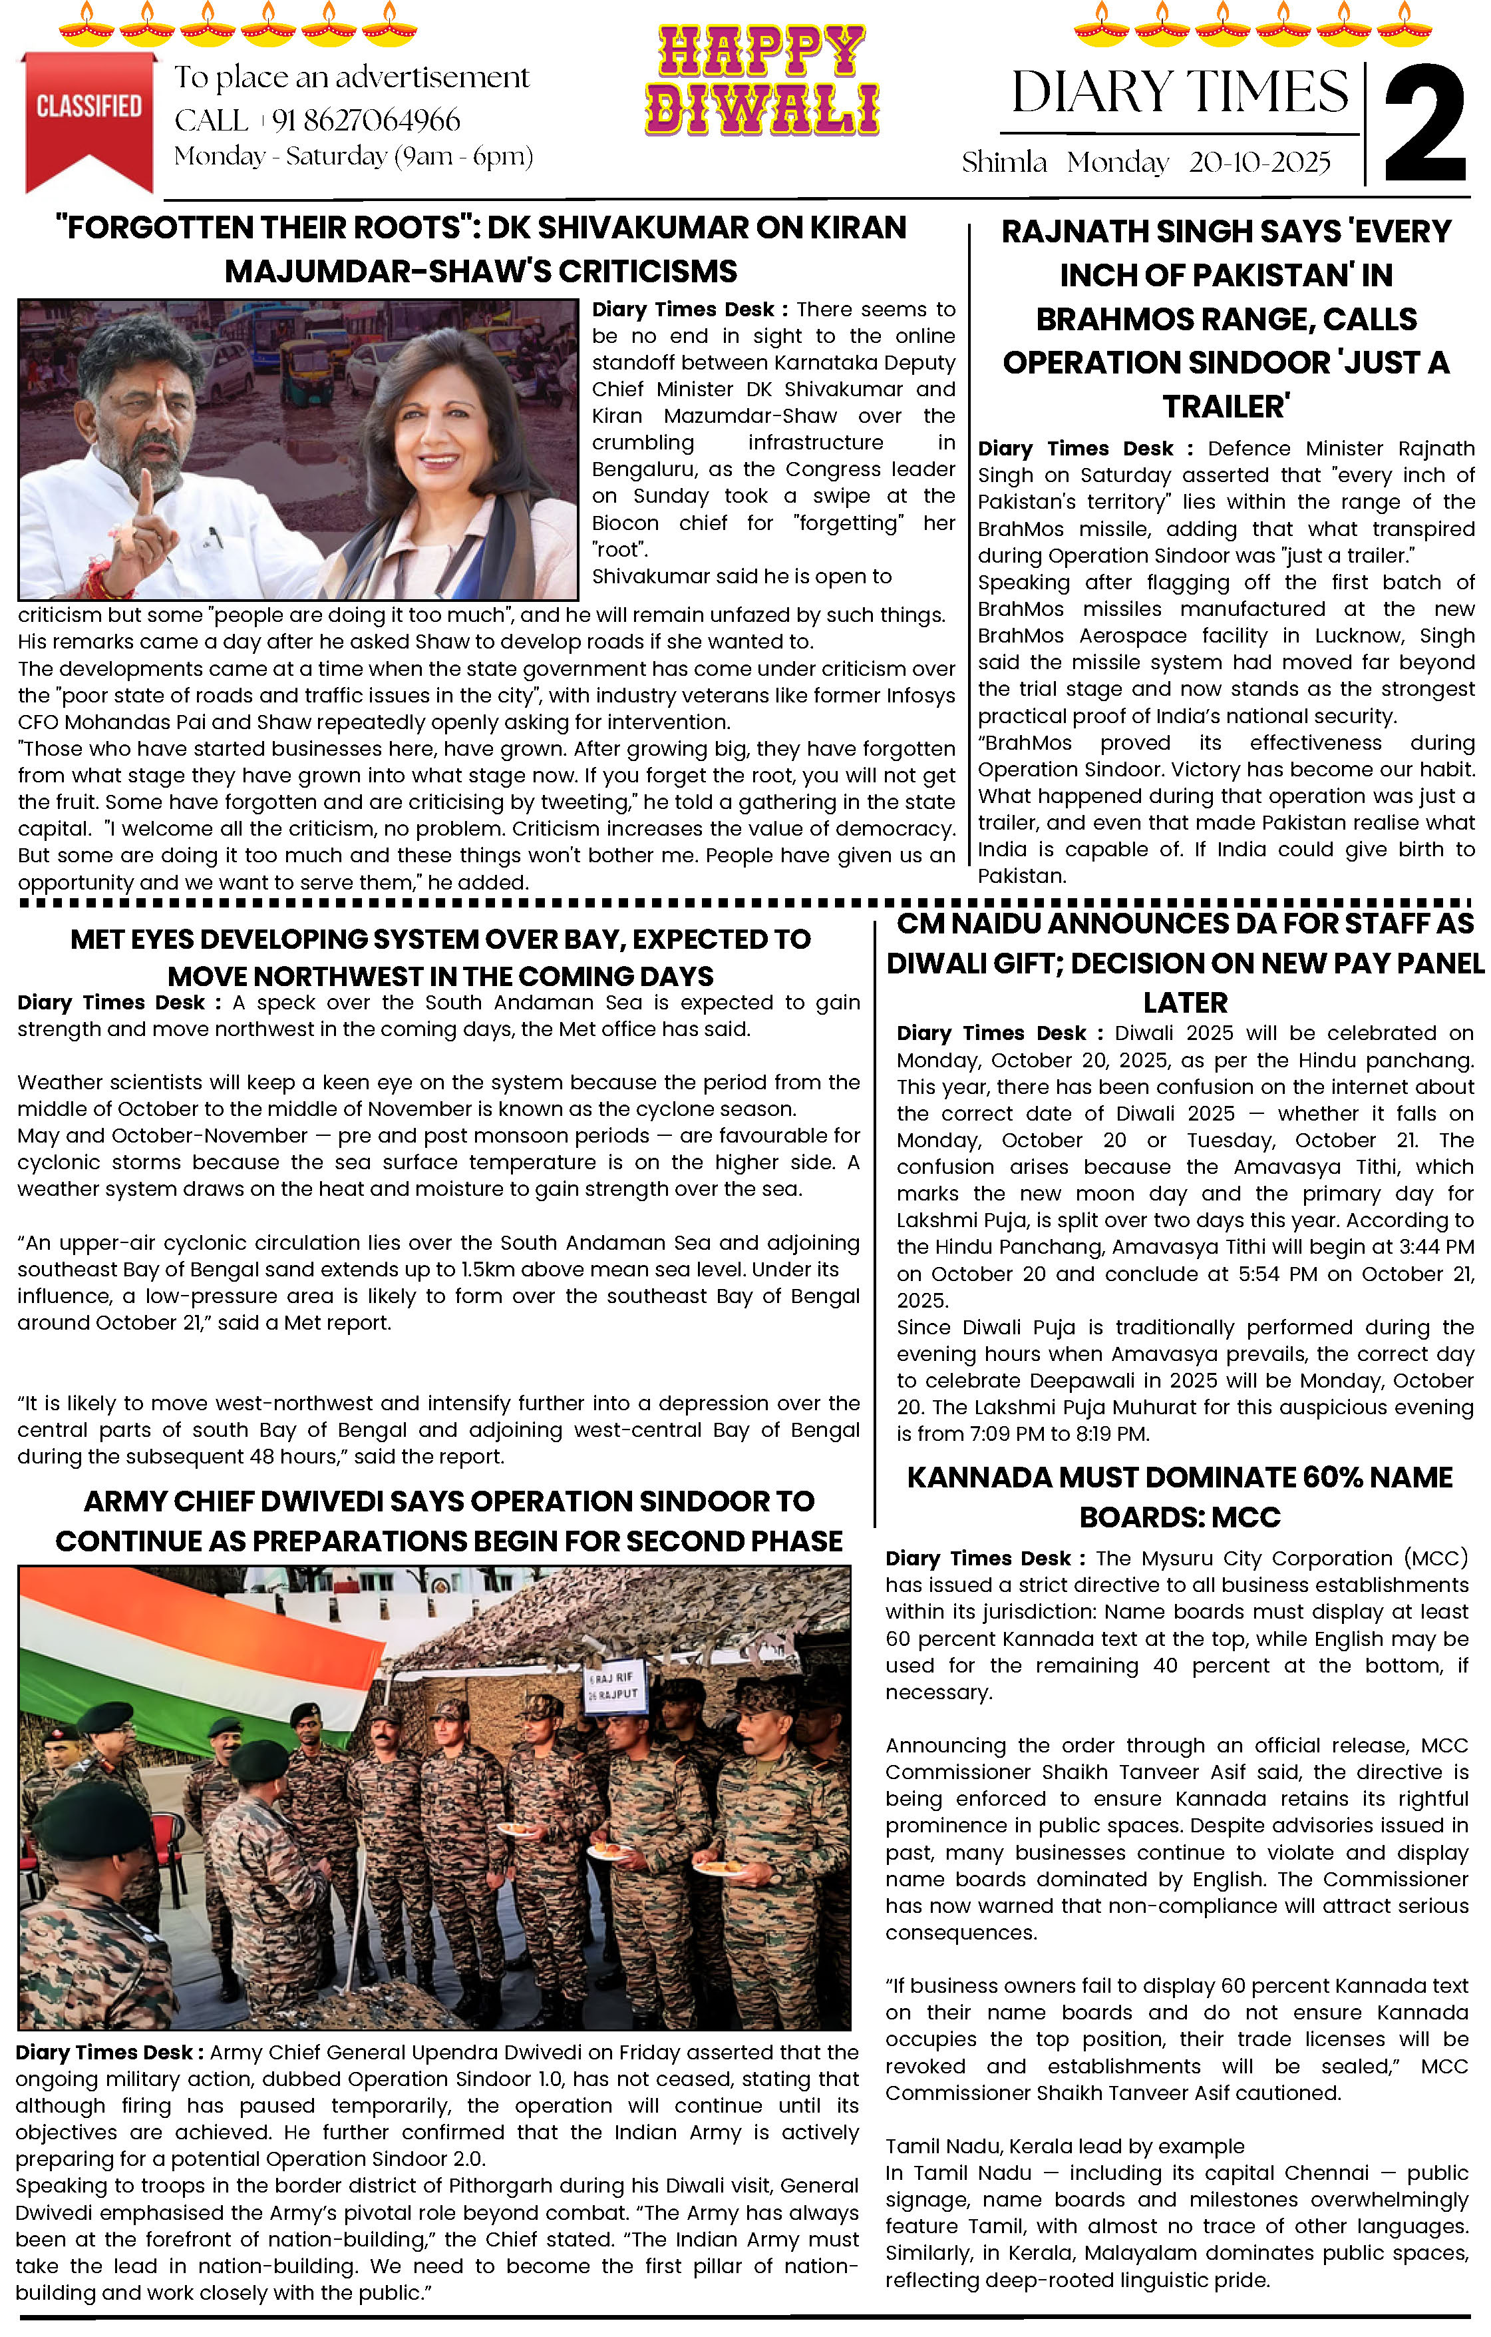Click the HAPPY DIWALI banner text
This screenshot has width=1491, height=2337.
[x=762, y=80]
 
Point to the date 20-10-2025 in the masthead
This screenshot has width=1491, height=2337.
[x=1259, y=162]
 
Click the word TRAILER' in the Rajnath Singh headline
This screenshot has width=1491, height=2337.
[x=1226, y=407]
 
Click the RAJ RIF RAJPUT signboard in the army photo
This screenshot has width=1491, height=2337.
[x=613, y=1687]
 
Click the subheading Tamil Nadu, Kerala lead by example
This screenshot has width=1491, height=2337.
[x=1064, y=2147]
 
